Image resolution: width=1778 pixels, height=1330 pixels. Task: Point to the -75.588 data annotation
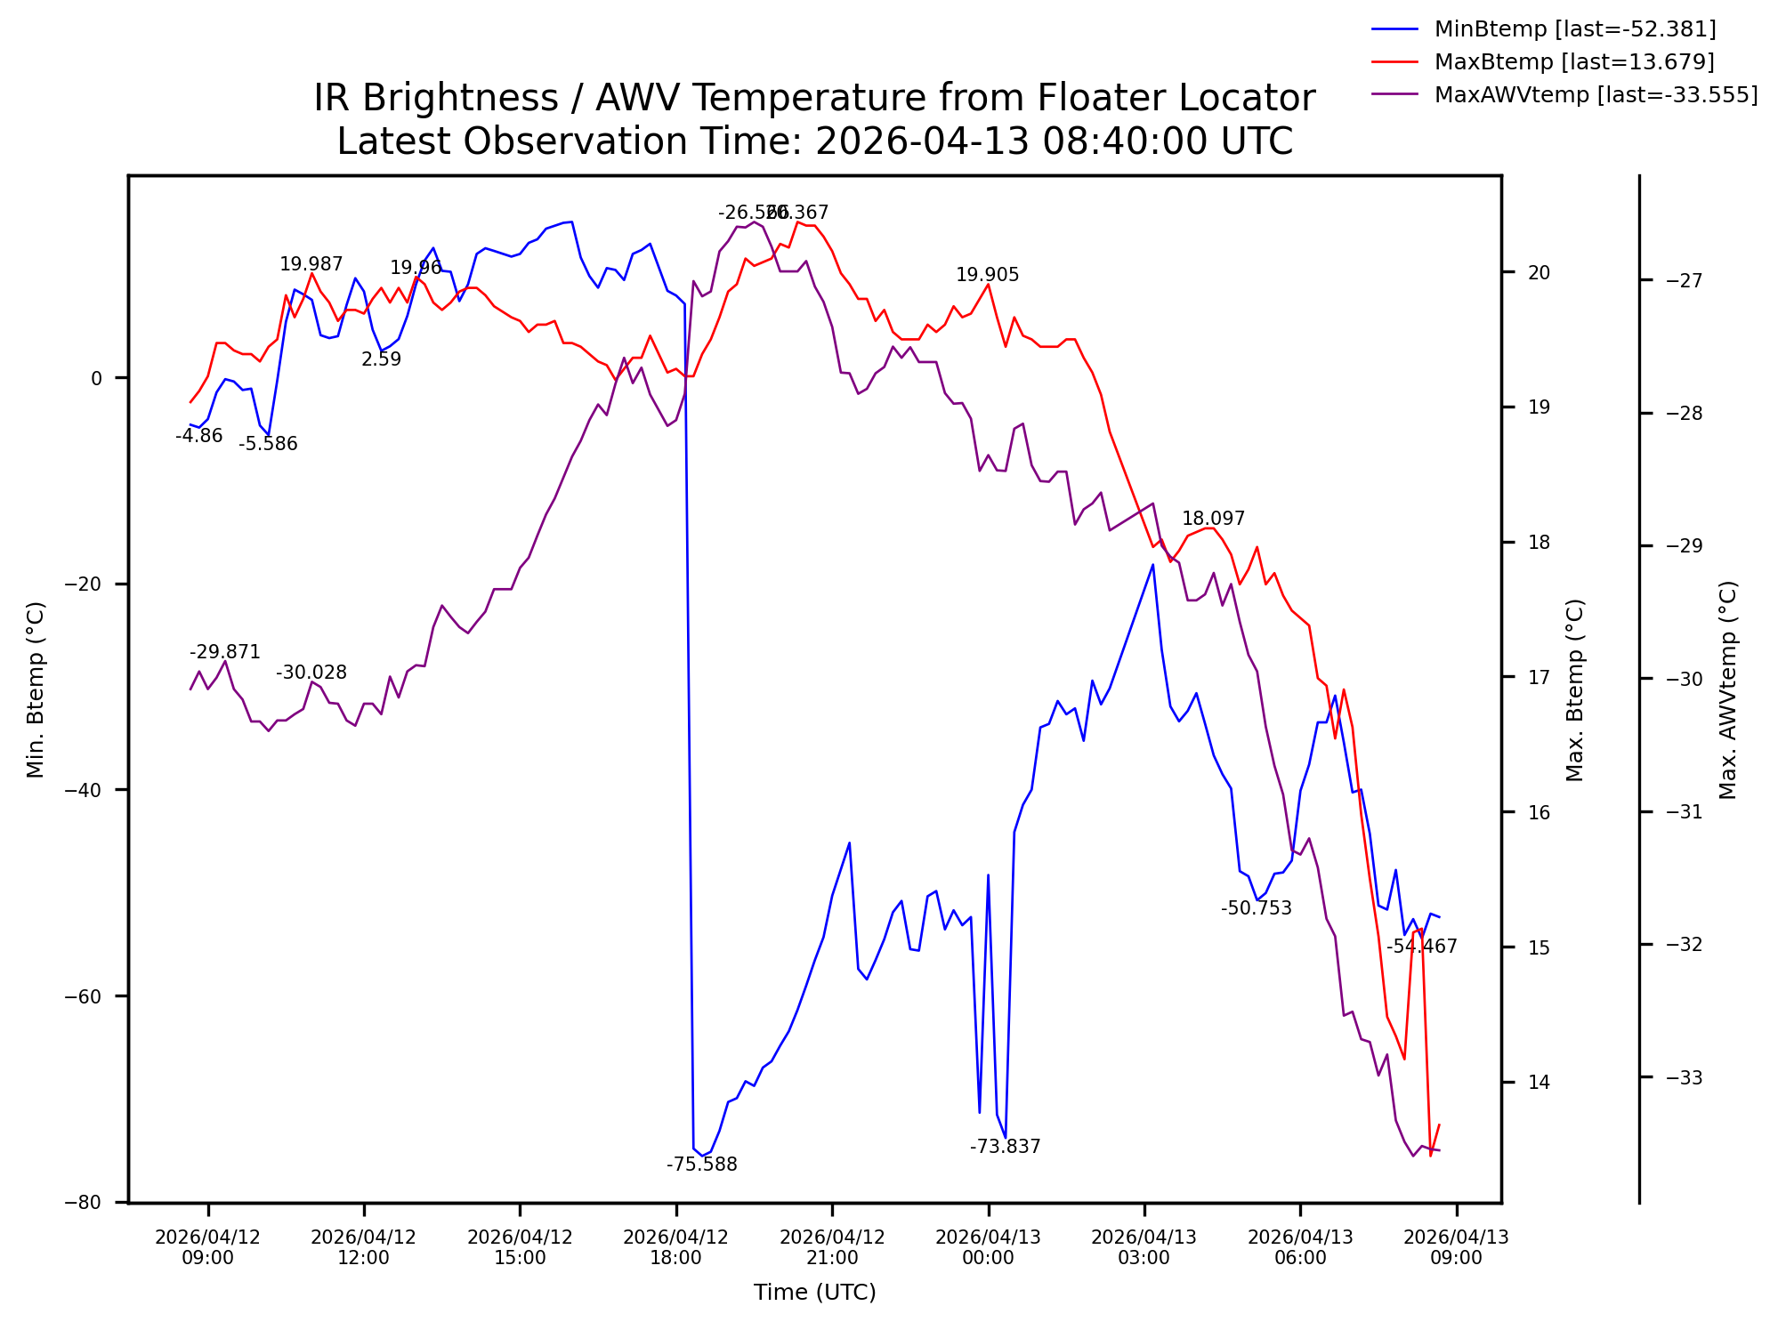702,1165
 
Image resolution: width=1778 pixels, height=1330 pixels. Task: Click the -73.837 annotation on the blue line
1005,1147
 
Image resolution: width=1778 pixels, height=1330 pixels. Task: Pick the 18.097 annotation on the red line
1213,519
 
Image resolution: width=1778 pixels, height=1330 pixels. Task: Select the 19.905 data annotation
987,275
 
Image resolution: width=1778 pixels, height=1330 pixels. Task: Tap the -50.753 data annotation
1256,908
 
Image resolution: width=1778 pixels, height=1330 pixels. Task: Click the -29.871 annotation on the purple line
224,652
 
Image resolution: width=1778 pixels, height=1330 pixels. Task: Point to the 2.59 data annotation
381,359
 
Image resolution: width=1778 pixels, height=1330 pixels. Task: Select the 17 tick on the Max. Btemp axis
1539,678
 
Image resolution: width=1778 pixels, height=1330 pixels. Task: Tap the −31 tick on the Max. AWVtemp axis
1684,812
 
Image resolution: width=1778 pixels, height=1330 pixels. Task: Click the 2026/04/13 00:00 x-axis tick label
988,1247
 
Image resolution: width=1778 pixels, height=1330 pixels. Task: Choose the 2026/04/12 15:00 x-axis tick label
520,1247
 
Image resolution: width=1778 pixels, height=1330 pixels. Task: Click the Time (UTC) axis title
814,1293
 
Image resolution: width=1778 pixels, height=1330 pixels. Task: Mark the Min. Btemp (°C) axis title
36,689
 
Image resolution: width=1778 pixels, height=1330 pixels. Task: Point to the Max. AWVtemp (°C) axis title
1728,689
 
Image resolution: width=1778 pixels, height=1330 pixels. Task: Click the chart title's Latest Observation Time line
814,142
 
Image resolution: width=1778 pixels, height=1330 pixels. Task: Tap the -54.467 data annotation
1421,947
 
